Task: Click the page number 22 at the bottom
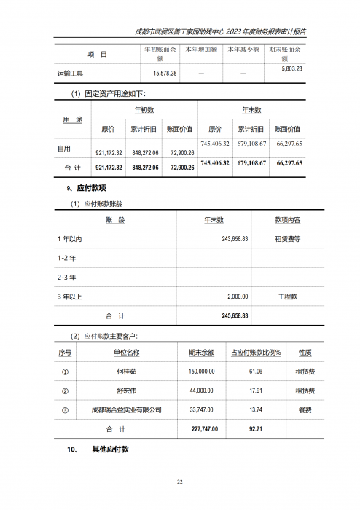pyautogui.click(x=179, y=482)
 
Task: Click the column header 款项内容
pyautogui.click(x=287, y=220)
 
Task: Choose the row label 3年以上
pyautogui.click(x=71, y=297)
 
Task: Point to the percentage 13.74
pyautogui.click(x=255, y=410)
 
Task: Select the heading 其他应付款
pyautogui.click(x=110, y=450)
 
